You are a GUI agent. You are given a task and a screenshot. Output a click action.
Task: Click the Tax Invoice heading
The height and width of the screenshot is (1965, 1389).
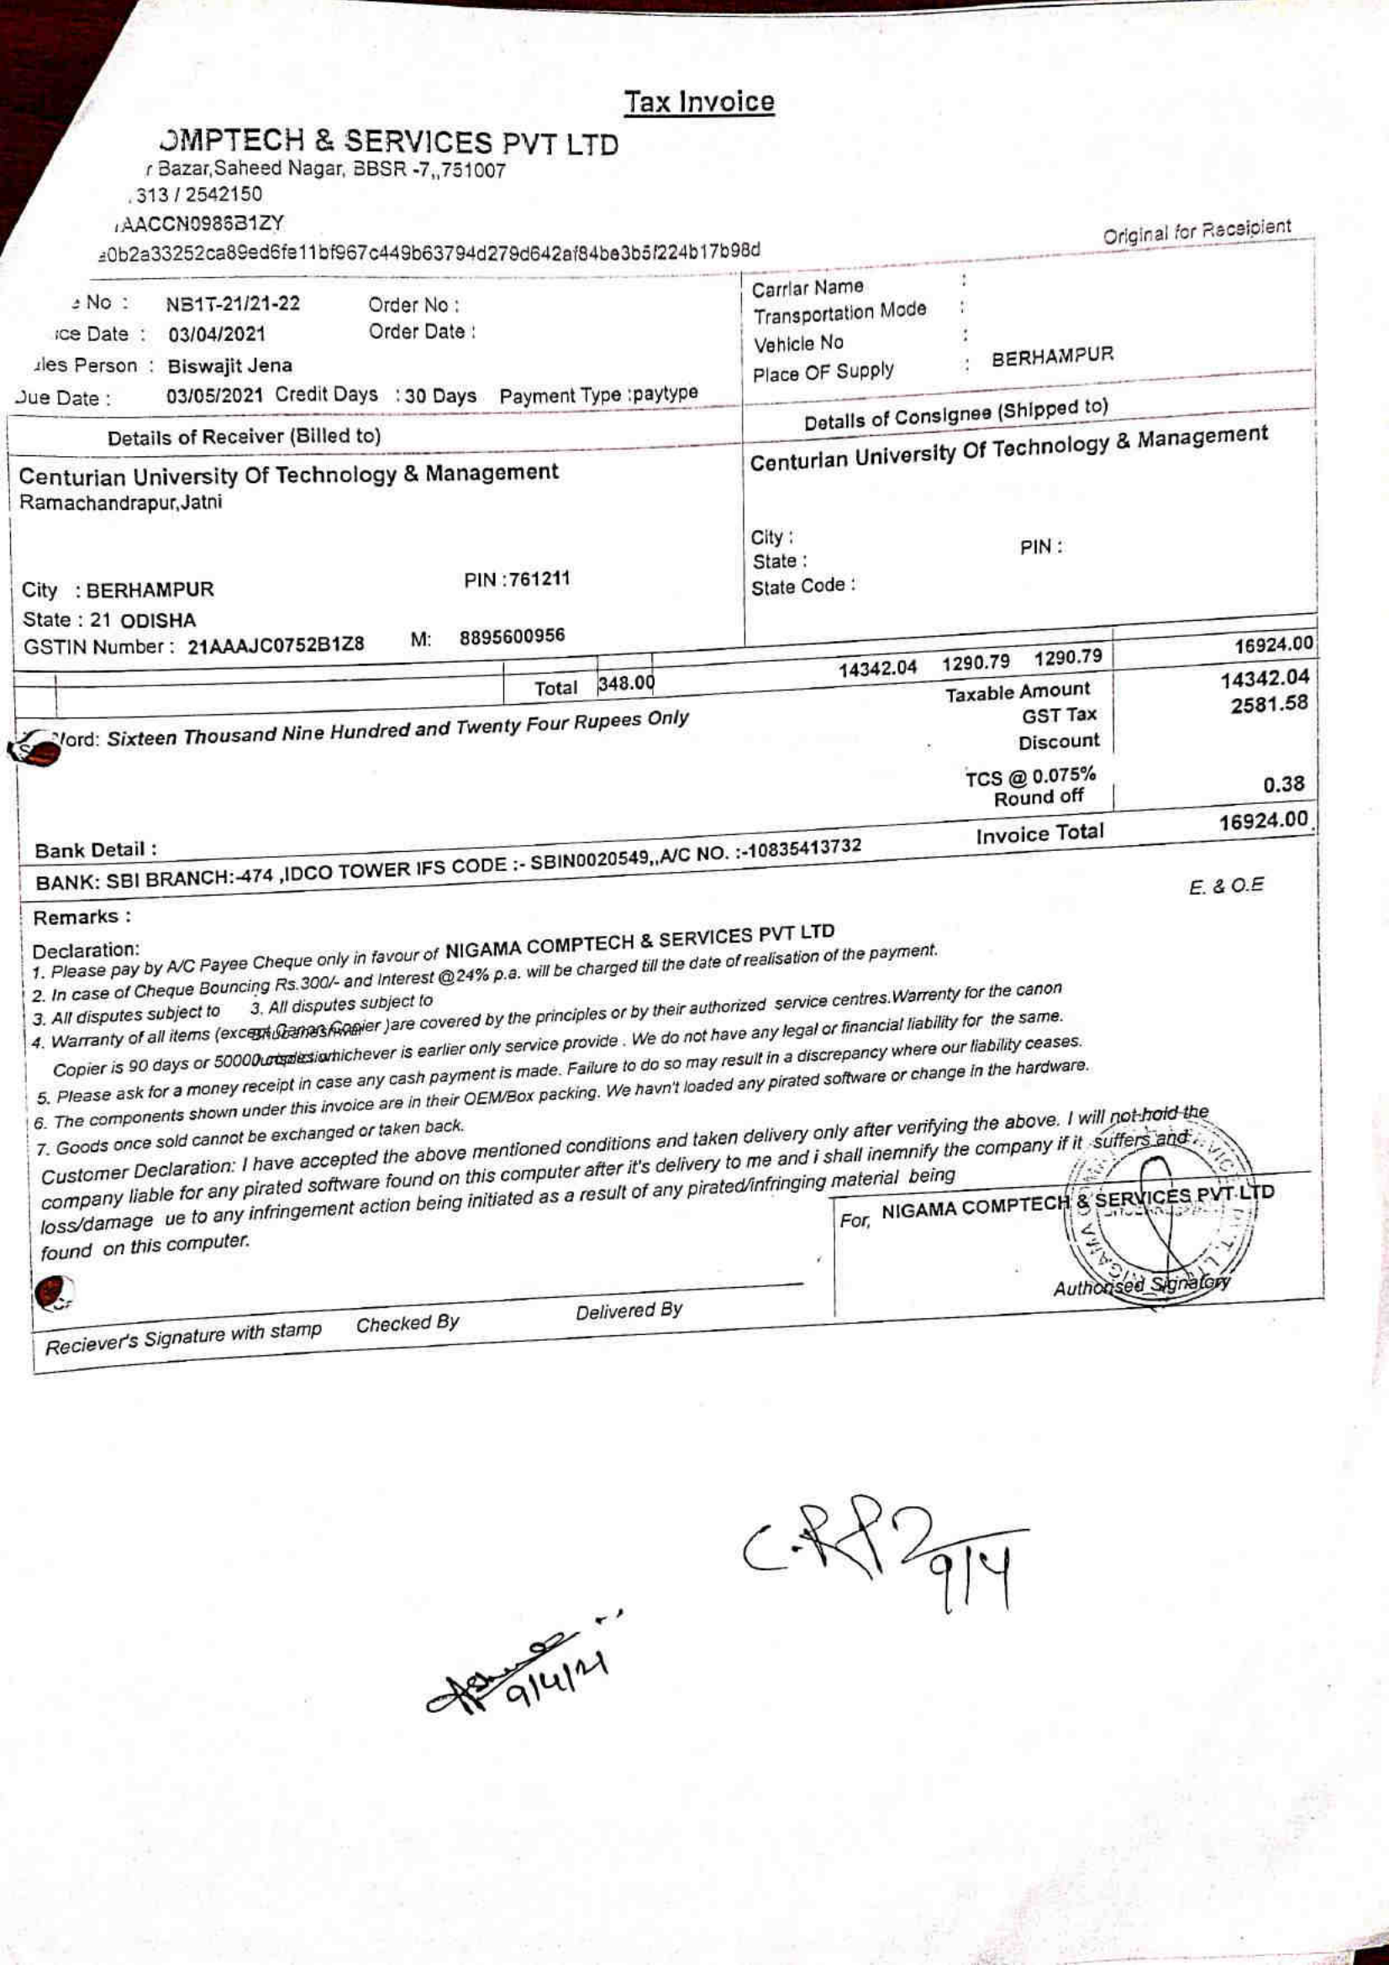click(698, 102)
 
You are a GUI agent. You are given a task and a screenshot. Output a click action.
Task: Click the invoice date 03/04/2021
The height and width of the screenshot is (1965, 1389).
click(217, 334)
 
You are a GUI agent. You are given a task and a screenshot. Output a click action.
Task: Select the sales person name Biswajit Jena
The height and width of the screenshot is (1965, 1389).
click(229, 366)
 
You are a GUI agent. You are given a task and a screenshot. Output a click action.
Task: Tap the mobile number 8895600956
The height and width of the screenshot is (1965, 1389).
click(512, 637)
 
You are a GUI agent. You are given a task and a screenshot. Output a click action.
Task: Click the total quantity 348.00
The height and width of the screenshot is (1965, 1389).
click(626, 684)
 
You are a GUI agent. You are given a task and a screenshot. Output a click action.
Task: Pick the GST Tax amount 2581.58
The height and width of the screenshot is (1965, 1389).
click(1269, 704)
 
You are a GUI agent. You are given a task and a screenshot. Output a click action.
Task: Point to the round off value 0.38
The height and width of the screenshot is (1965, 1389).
click(1284, 784)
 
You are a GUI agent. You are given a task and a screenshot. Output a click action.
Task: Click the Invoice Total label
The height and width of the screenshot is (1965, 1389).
click(1039, 833)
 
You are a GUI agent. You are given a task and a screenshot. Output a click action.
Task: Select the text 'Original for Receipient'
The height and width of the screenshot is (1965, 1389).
click(1197, 231)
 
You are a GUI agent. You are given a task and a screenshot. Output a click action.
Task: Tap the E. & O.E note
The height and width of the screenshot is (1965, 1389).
click(1226, 886)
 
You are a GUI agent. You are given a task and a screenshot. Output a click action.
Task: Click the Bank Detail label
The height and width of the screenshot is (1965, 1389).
click(96, 850)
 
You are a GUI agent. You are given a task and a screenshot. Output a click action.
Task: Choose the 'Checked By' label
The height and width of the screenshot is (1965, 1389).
click(408, 1323)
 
